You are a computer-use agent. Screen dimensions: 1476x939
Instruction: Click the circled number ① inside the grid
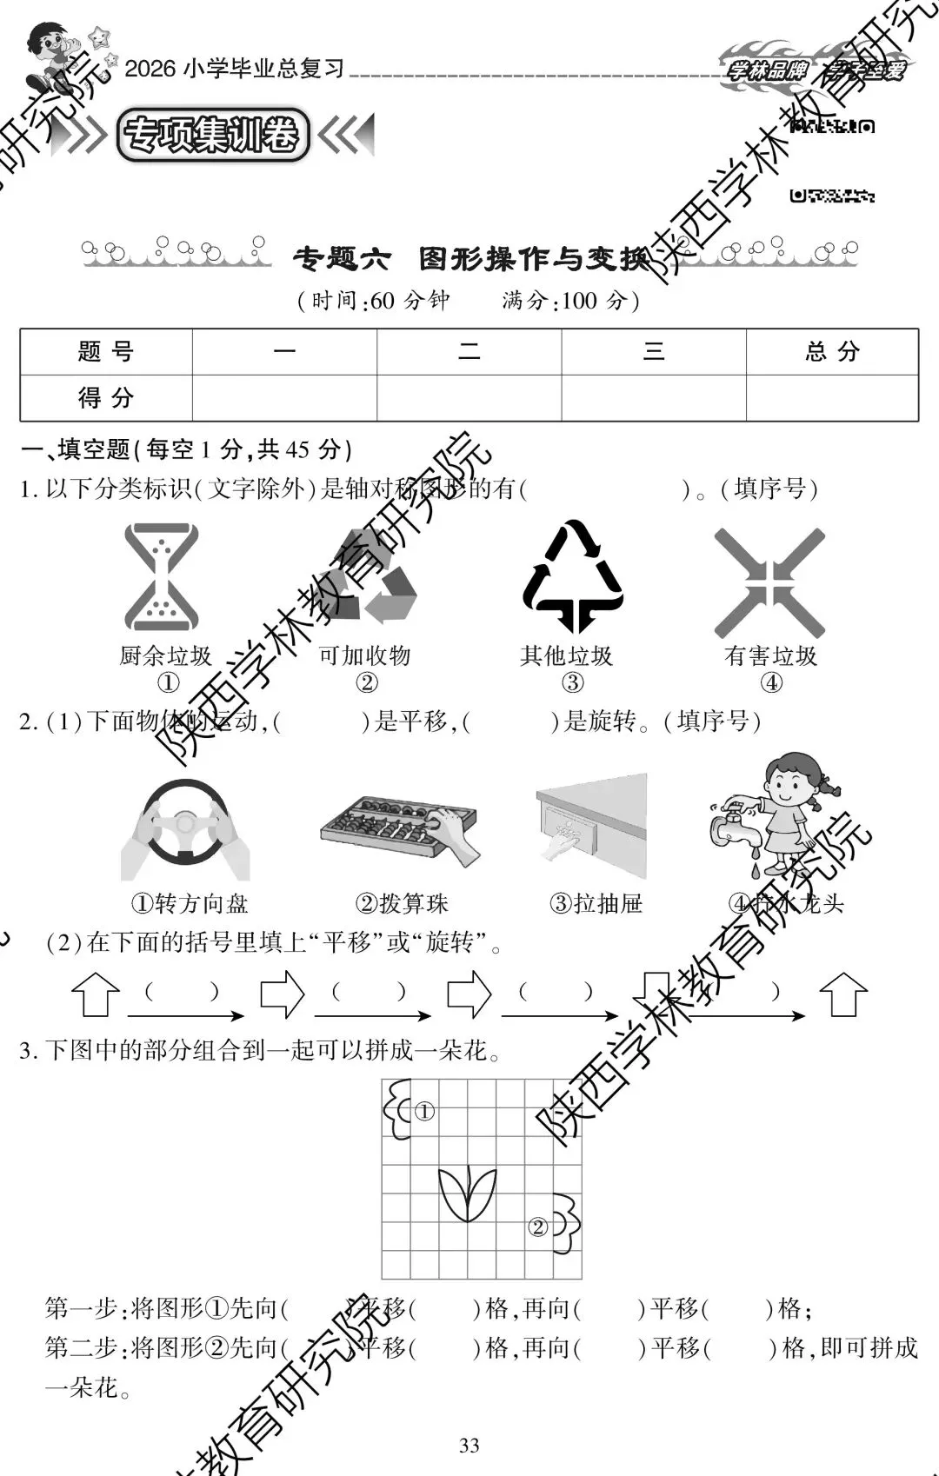pyautogui.click(x=423, y=1111)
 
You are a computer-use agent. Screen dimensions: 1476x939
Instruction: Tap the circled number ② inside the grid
pyautogui.click(x=538, y=1227)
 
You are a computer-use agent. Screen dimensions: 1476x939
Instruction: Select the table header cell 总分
pyautogui.click(x=831, y=352)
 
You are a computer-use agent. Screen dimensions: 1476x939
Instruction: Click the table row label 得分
pyautogui.click(x=105, y=398)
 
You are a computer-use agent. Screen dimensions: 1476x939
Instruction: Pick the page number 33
pyautogui.click(x=469, y=1446)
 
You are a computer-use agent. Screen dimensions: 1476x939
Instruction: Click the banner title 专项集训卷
pyautogui.click(x=212, y=136)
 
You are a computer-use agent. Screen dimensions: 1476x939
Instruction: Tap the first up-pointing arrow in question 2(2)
pyautogui.click(x=95, y=994)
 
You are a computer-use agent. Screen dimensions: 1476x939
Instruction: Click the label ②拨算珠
pyautogui.click(x=402, y=904)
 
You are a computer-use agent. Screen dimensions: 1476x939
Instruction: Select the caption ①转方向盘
pyautogui.click(x=190, y=904)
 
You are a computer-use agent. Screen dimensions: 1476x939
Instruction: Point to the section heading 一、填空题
pyautogui.click(x=77, y=449)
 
